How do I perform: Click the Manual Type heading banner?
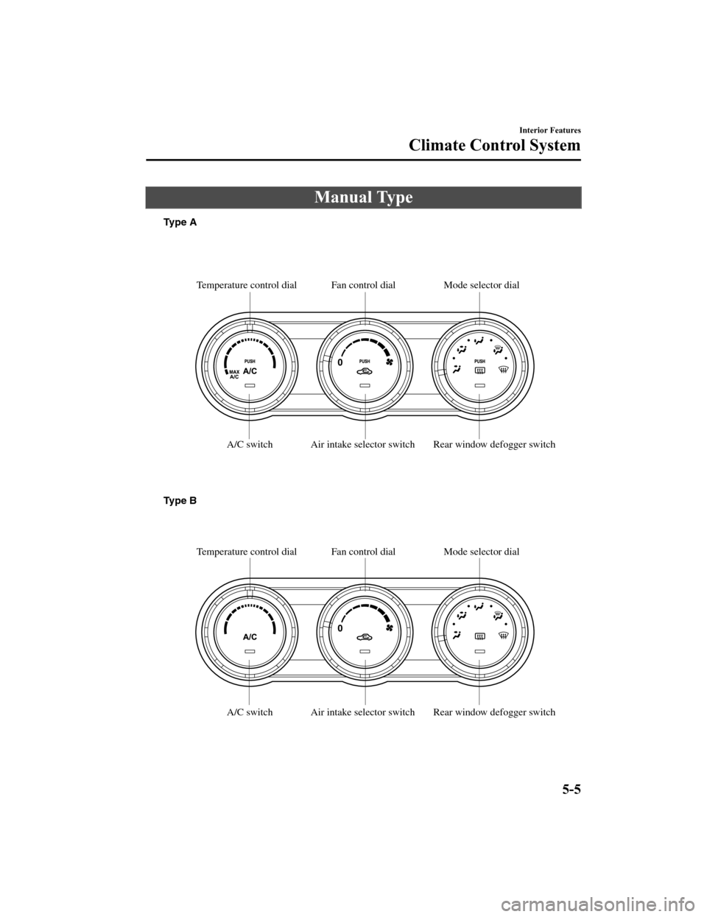[362, 197]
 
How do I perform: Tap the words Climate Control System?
[494, 145]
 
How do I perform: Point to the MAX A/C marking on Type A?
[235, 374]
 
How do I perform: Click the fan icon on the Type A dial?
[388, 362]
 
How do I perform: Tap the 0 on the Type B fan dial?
[341, 630]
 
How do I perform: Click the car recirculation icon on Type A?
[364, 371]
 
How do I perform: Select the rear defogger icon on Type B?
[479, 637]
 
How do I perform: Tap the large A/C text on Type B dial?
[250, 636]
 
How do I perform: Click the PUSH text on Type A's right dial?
[479, 362]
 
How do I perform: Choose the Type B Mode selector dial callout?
[481, 552]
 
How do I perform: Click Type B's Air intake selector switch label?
[362, 712]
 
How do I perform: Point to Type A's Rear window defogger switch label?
[494, 445]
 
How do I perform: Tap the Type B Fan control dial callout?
[363, 552]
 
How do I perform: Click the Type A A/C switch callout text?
[250, 445]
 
